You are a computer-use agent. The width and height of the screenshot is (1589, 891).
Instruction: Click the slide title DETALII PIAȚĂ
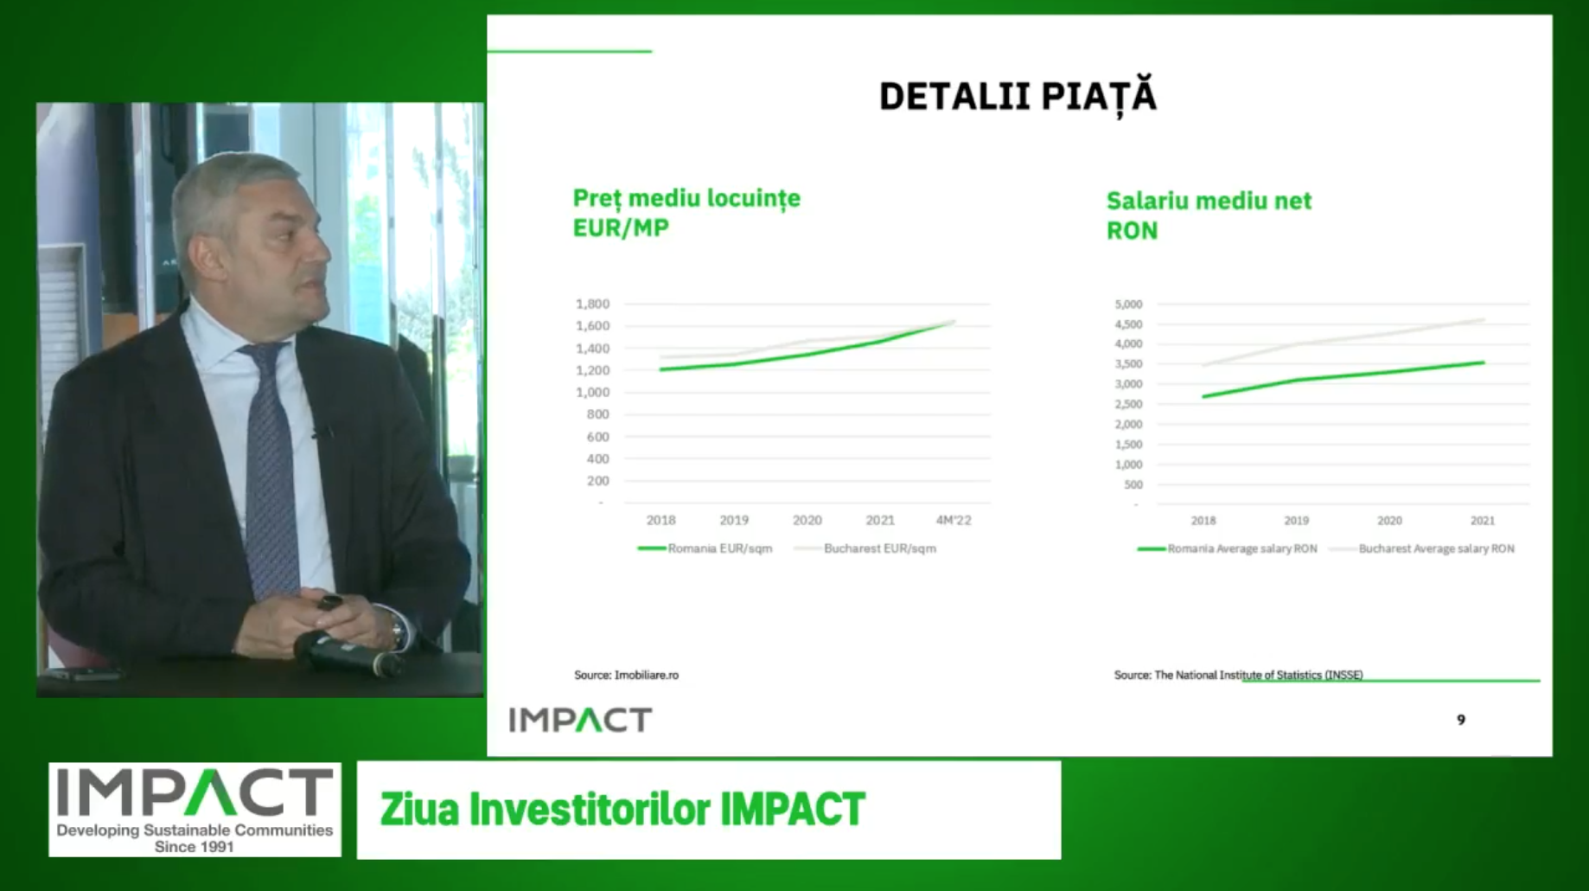1018,96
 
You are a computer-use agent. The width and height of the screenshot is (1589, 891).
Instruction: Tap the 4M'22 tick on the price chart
954,520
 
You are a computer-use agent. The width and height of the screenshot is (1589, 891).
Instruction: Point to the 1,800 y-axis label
592,304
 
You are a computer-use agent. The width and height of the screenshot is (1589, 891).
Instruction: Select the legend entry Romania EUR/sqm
705,548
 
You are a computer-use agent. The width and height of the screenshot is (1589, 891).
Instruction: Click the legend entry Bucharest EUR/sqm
865,548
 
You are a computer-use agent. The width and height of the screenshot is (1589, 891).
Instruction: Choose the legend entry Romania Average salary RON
1228,548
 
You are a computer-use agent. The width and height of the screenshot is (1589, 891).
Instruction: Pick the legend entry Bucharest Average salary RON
1422,548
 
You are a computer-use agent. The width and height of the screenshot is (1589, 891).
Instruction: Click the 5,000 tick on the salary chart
1128,304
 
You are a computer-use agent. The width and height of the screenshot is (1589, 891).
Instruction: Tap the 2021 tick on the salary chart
1483,521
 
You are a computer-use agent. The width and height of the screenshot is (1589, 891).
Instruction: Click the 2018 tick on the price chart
661,520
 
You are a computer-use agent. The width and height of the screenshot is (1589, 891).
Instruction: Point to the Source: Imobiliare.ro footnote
627,675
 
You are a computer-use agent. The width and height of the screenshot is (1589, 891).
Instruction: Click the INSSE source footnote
1238,675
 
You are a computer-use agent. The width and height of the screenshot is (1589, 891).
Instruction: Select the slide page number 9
1461,720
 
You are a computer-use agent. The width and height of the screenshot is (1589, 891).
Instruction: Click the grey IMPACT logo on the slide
580,720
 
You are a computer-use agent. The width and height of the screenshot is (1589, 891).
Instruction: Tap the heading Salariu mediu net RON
1209,215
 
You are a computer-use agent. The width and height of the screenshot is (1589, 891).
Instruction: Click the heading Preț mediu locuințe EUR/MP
686,213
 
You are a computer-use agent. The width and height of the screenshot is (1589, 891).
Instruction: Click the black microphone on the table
347,653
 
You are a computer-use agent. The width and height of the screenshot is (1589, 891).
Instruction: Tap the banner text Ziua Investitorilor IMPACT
622,810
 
